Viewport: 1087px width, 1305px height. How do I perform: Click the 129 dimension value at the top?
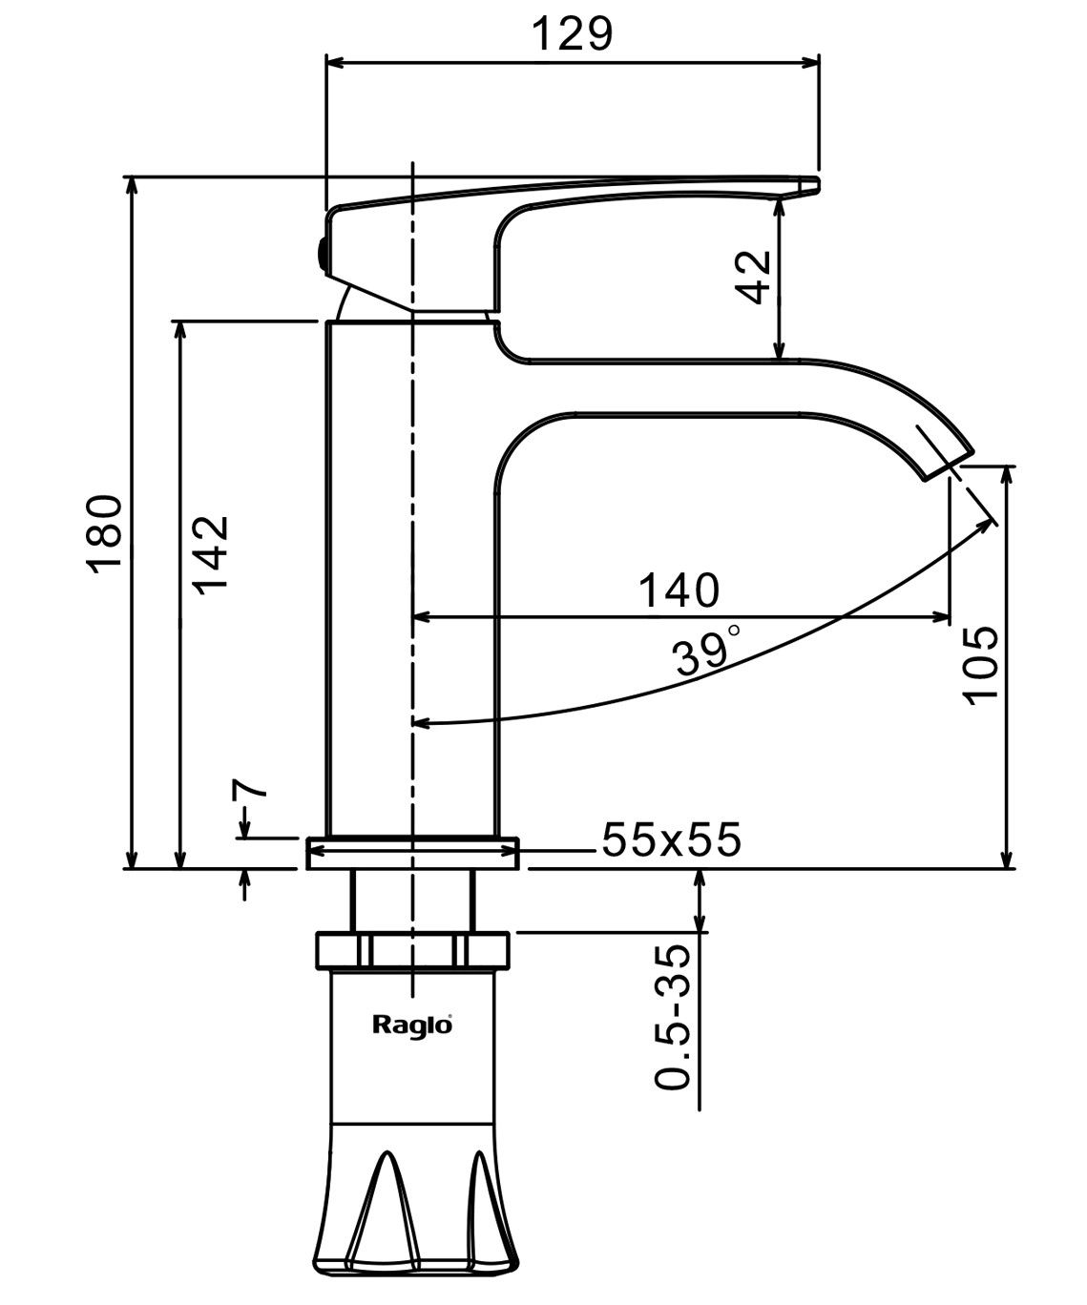coord(571,33)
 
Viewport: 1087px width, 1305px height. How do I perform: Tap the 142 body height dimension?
coord(209,555)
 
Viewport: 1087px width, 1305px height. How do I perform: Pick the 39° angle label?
coord(704,652)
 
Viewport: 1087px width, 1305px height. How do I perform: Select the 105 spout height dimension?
coord(981,665)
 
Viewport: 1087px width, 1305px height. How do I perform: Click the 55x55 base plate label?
coord(671,840)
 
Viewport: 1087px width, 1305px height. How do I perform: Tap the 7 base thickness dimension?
coord(247,791)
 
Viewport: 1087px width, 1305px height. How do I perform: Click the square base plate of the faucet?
coord(412,853)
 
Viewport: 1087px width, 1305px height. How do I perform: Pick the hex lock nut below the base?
coord(412,949)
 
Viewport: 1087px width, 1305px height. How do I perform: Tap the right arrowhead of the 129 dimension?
coord(813,63)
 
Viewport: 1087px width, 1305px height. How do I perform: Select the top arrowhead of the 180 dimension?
coord(133,184)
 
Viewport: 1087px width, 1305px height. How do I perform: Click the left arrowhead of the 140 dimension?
coord(421,617)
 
